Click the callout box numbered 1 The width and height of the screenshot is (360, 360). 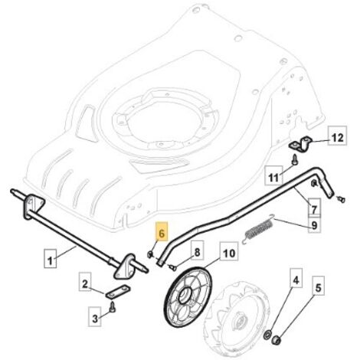[x=51, y=258]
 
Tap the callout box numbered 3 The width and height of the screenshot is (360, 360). [x=95, y=317]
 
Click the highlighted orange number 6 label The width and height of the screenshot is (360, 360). [x=162, y=231]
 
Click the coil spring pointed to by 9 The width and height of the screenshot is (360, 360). [x=258, y=229]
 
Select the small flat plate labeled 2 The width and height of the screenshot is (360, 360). [x=118, y=291]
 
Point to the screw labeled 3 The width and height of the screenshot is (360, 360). [x=113, y=307]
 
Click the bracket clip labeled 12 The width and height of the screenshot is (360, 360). [x=300, y=143]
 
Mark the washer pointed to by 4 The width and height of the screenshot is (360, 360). [x=268, y=335]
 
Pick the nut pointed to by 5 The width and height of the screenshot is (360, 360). [x=277, y=340]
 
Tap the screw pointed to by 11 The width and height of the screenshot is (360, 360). [x=294, y=159]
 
